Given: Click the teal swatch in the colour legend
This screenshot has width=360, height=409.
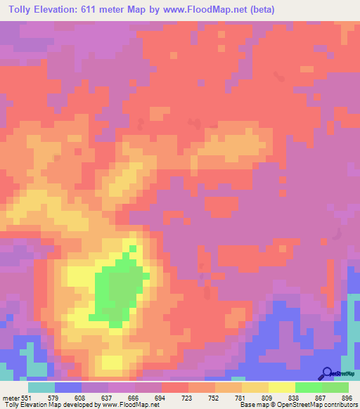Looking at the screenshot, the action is [x=41, y=387].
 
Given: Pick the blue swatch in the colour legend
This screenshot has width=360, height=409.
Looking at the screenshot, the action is [x=68, y=387].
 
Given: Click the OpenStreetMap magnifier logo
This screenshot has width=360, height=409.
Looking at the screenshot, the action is [x=326, y=373].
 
